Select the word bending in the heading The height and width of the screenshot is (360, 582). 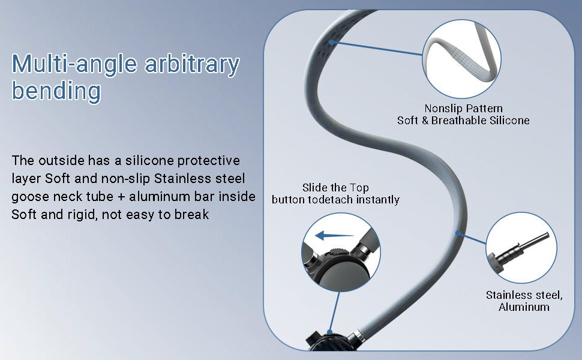click(x=56, y=91)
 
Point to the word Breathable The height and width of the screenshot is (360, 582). click(x=472, y=121)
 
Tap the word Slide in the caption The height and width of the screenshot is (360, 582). click(x=316, y=188)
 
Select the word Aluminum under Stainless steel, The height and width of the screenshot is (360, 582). click(x=524, y=307)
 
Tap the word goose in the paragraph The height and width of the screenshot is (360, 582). click(x=28, y=197)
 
